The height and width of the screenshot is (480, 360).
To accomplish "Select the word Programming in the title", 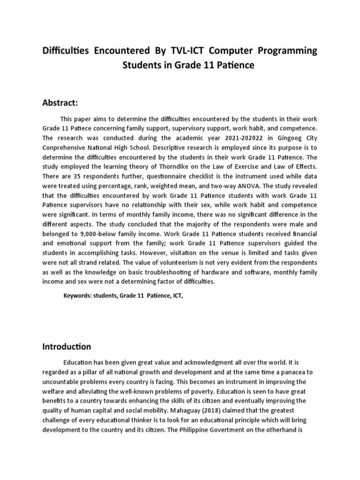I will pos(287,50).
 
